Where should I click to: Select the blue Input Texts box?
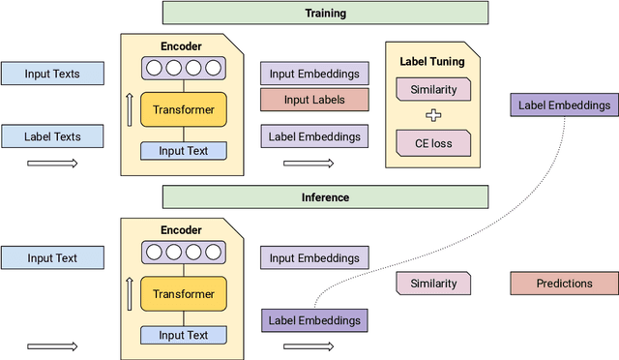click(52, 74)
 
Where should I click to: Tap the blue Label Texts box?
click(52, 136)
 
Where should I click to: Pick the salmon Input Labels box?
click(314, 99)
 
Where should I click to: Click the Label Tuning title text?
click(432, 62)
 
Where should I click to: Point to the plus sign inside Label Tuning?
click(432, 116)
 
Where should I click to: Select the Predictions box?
click(564, 284)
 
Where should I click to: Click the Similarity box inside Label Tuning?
click(432, 90)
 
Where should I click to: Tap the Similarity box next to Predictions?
click(432, 284)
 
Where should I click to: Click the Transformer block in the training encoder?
click(183, 109)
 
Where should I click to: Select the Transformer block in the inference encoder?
click(183, 294)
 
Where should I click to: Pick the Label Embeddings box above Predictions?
click(564, 105)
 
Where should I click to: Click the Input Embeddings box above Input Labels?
click(314, 74)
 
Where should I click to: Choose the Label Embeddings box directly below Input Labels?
click(314, 136)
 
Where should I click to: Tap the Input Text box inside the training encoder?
click(183, 150)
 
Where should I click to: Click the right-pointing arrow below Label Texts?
click(52, 162)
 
